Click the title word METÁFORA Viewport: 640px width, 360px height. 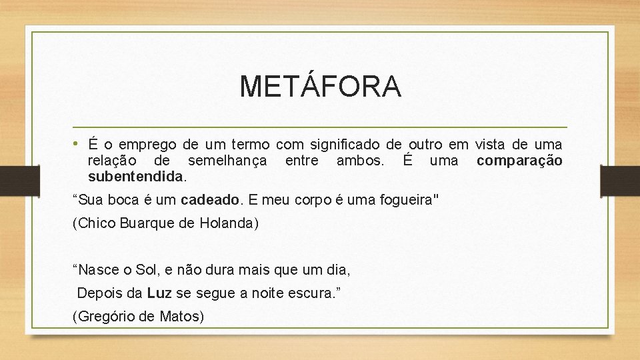click(320, 86)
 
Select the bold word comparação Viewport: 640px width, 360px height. click(519, 161)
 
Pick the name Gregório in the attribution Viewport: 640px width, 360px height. click(109, 317)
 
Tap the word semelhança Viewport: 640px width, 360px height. click(227, 161)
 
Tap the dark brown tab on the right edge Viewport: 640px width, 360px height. click(620, 180)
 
